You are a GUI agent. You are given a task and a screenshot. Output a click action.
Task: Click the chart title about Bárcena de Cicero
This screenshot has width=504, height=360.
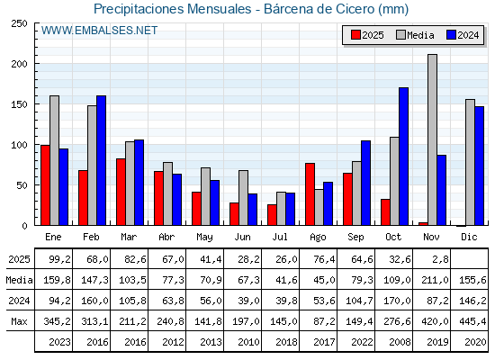251,9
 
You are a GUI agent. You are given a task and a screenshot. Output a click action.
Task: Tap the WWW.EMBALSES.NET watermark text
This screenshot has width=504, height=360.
99,31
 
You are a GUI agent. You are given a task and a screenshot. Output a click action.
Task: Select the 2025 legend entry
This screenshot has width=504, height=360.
368,35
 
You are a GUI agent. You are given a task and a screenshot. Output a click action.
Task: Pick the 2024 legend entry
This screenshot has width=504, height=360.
463,35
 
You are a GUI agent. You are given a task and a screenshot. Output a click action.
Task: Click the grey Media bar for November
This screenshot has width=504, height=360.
432,139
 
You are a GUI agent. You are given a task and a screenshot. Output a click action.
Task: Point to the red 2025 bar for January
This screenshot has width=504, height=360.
45,184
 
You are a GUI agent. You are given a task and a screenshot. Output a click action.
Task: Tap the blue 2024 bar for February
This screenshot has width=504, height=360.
101,160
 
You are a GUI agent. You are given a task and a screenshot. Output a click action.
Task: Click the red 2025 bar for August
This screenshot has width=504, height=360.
310,193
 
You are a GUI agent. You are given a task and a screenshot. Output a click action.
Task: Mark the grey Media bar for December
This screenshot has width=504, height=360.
470,162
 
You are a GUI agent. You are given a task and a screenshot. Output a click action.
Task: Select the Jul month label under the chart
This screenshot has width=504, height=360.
281,236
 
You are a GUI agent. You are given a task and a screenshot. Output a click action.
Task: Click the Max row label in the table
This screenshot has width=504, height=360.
18,320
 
